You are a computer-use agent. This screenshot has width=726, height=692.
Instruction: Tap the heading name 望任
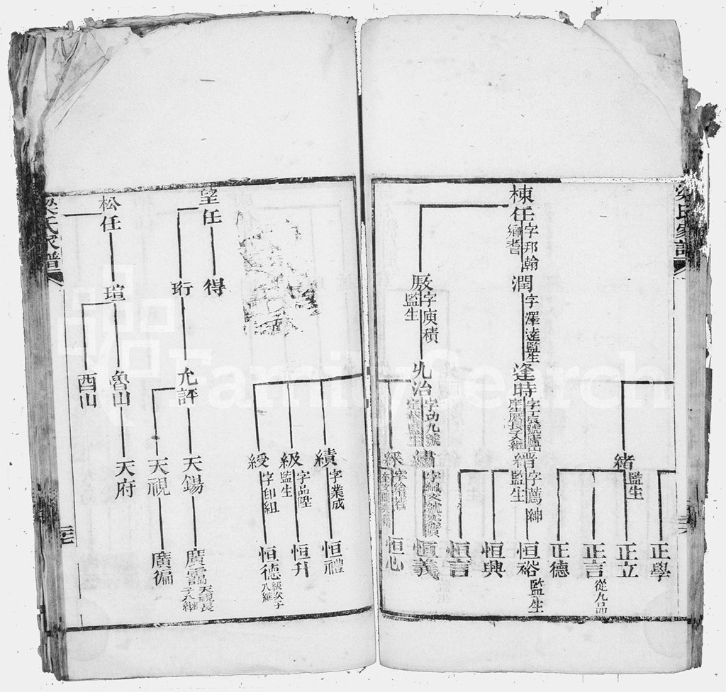[x=211, y=217]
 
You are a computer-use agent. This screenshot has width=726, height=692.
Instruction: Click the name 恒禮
[x=332, y=556]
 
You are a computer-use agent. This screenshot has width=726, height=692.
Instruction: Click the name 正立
[x=627, y=560]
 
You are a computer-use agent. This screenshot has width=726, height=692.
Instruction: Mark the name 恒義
[x=425, y=557]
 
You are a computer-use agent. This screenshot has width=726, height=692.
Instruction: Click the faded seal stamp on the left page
[x=277, y=273]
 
